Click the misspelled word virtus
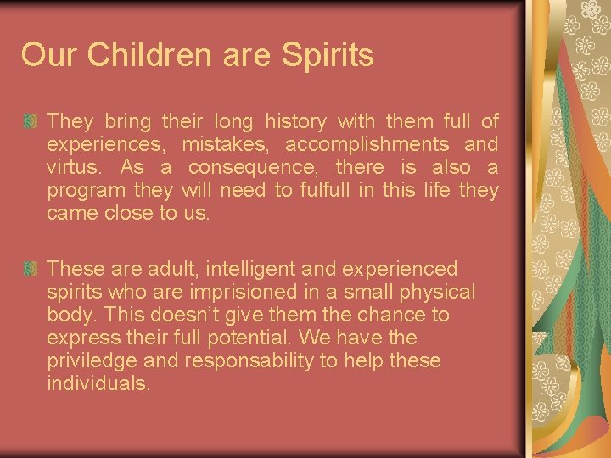(x=71, y=167)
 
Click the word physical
(x=433, y=292)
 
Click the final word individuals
(x=99, y=383)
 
